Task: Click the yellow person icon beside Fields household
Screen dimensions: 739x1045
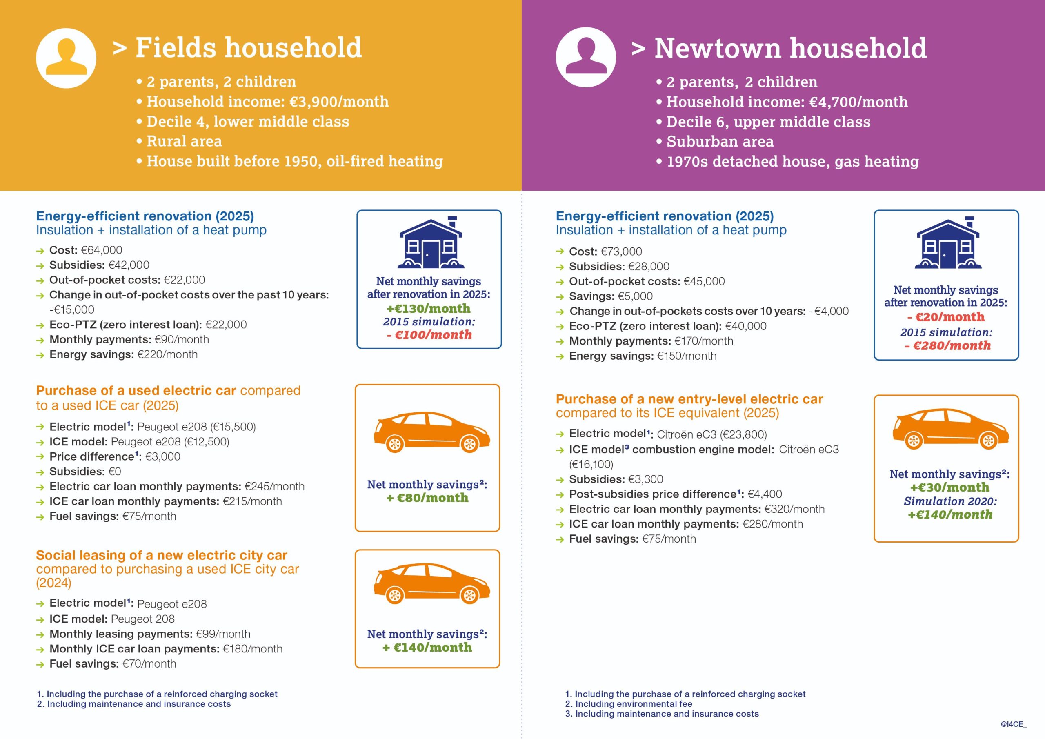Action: pyautogui.click(x=66, y=58)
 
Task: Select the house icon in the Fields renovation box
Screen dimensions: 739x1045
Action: pyautogui.click(x=431, y=243)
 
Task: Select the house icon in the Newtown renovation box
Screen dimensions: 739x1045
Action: pyautogui.click(x=947, y=244)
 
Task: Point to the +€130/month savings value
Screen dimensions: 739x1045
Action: pyautogui.click(x=428, y=308)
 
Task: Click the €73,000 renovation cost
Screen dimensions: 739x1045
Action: pyautogui.click(x=621, y=252)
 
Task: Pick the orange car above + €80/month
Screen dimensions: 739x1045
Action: pyautogui.click(x=431, y=432)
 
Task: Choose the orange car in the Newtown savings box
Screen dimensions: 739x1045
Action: pyautogui.click(x=950, y=428)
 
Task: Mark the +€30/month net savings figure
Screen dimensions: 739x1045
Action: pyautogui.click(x=949, y=487)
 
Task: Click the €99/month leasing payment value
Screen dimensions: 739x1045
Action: pyautogui.click(x=223, y=634)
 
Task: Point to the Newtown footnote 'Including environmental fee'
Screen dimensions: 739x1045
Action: pyautogui.click(x=633, y=704)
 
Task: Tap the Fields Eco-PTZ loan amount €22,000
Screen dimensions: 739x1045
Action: pyautogui.click(x=226, y=325)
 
